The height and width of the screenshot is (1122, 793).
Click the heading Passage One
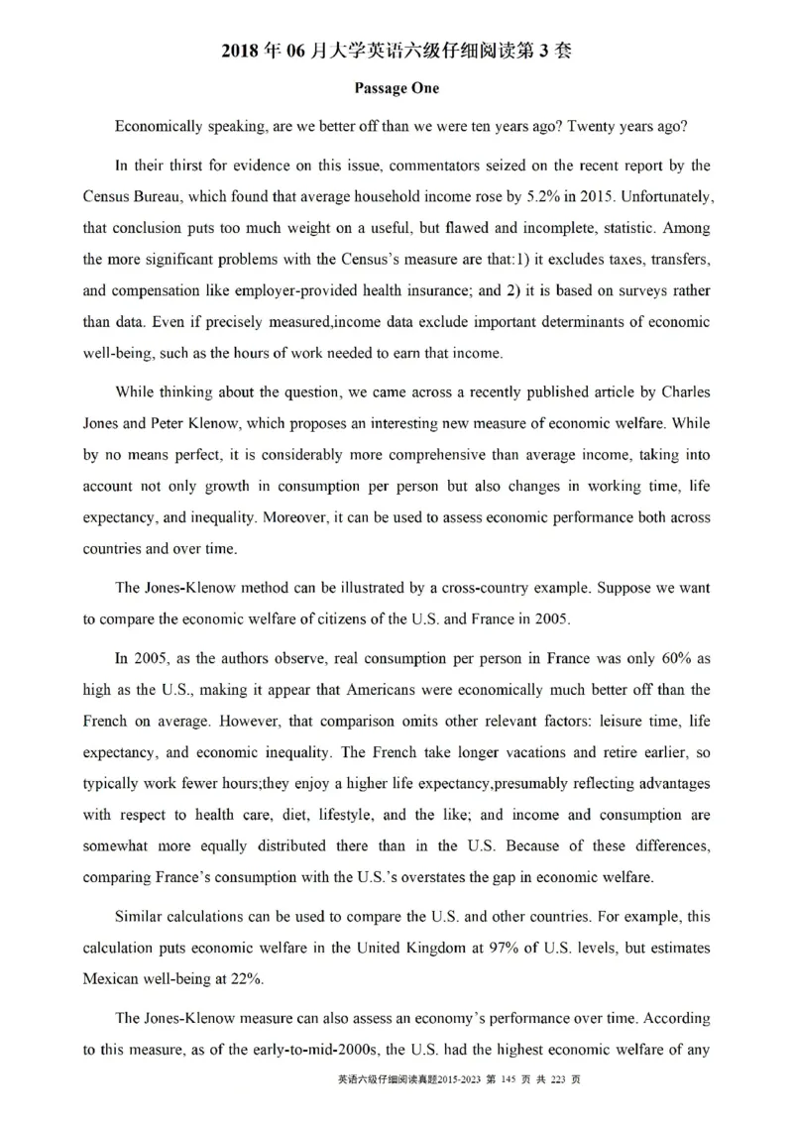point(396,88)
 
